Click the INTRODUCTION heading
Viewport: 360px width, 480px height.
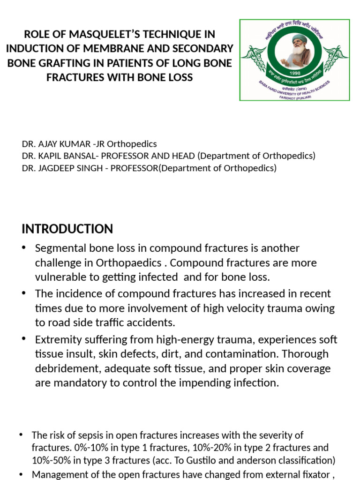pos(67,229)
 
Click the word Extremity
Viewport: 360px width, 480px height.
pos(57,340)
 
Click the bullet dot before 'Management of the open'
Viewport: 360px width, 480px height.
pos(21,474)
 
